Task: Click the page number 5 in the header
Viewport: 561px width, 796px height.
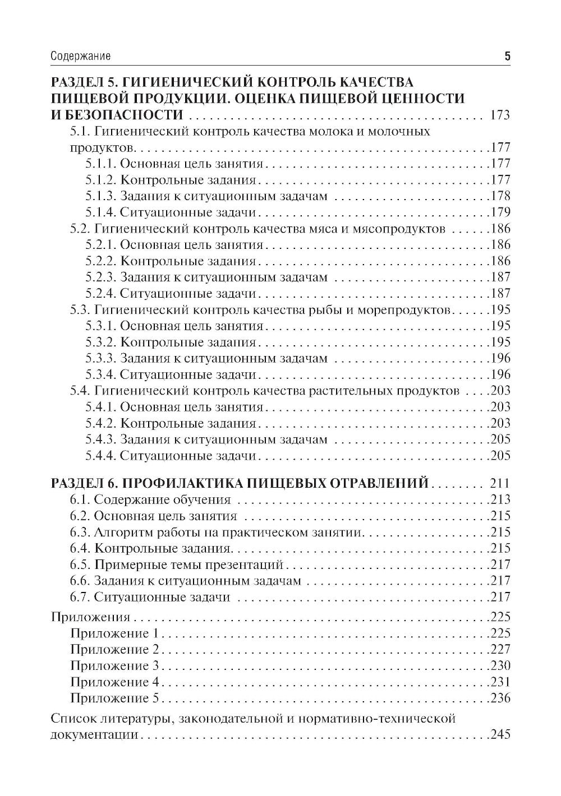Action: [x=507, y=56]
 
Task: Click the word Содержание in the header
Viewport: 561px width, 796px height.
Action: [x=80, y=56]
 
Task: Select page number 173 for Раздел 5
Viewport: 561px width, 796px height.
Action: [x=499, y=115]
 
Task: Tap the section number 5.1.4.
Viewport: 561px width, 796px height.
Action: [x=100, y=212]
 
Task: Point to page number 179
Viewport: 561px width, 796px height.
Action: [x=500, y=212]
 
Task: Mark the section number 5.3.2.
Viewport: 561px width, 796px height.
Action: [x=101, y=342]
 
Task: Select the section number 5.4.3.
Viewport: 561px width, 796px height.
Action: [x=101, y=440]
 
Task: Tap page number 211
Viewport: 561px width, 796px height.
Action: [x=499, y=483]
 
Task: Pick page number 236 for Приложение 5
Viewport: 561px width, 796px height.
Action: [x=500, y=698]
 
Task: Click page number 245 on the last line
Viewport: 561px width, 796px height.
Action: [x=500, y=734]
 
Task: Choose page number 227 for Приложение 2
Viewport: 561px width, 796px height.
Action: [x=500, y=650]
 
